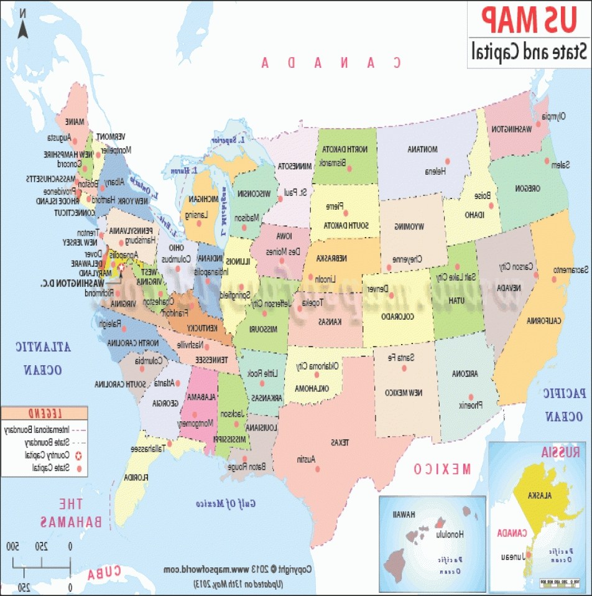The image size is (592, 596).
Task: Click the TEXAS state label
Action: pos(340,442)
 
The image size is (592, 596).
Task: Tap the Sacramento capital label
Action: pos(570,269)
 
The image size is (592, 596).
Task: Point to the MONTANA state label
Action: pos(423,149)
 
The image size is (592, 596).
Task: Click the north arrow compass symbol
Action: pos(21,27)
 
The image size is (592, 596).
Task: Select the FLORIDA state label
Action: pos(135,478)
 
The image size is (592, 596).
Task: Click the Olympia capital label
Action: pos(555,116)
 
